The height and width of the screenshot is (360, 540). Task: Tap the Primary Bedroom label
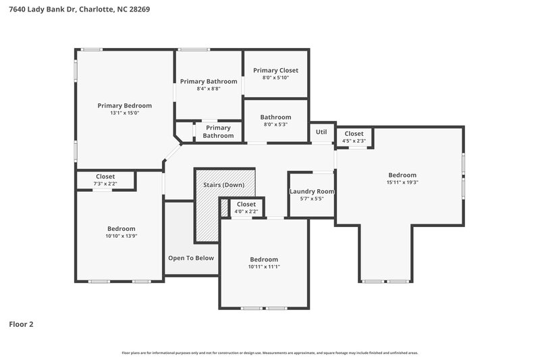click(x=124, y=105)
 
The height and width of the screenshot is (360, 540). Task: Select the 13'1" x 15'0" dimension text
click(x=124, y=113)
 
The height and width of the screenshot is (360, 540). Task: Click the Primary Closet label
click(x=275, y=70)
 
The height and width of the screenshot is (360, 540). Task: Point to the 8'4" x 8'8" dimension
click(x=209, y=88)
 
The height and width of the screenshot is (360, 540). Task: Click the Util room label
click(x=321, y=132)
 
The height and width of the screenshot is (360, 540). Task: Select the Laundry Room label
click(x=312, y=191)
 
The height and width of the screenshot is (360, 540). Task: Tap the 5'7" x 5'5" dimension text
click(x=312, y=199)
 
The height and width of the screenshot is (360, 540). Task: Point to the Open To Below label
click(x=191, y=258)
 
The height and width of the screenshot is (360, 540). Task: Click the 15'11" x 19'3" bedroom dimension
click(x=402, y=182)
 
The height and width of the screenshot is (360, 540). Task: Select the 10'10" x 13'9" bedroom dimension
click(x=122, y=236)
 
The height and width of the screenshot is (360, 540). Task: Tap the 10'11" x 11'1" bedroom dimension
click(x=264, y=267)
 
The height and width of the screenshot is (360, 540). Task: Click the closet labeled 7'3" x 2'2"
click(x=105, y=180)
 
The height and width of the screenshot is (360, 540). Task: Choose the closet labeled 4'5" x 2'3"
click(x=354, y=137)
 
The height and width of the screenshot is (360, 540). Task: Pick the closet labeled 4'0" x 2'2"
click(x=246, y=207)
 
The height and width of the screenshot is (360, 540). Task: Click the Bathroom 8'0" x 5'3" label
click(x=275, y=120)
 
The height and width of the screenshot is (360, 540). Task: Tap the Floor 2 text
click(x=21, y=324)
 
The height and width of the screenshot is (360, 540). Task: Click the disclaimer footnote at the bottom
click(x=269, y=353)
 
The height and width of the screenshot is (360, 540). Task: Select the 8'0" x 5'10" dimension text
click(x=275, y=78)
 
